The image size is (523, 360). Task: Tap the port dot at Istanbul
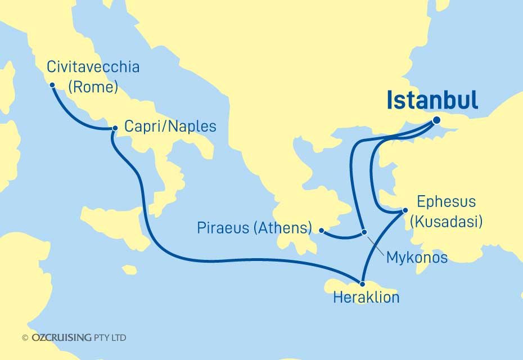[437, 120]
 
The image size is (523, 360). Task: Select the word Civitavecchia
[93, 68]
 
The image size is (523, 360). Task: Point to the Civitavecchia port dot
[52, 85]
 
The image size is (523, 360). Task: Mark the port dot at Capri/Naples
[115, 129]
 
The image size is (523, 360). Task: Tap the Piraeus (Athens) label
[255, 228]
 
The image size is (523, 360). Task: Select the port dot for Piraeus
[321, 230]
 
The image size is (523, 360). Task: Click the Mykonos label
[417, 258]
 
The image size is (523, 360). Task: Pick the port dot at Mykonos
[364, 232]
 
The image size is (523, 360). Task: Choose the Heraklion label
[366, 298]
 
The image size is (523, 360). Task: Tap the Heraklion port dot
[364, 284]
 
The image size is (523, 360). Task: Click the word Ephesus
[446, 202]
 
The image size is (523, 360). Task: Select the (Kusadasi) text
[446, 222]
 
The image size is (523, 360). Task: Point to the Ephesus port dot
[404, 210]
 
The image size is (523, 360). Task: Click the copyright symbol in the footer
[25, 338]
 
